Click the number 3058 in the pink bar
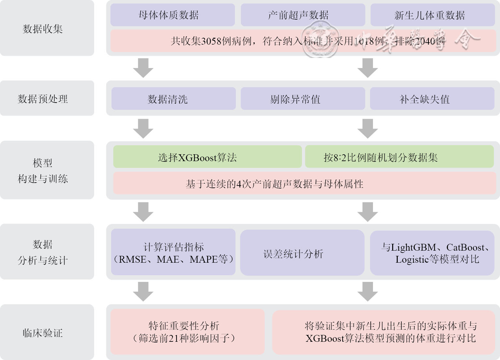[211, 41]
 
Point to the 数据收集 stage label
[43, 29]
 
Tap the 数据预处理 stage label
[43, 99]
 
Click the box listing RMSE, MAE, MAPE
[173, 253]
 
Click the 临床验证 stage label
[43, 333]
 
